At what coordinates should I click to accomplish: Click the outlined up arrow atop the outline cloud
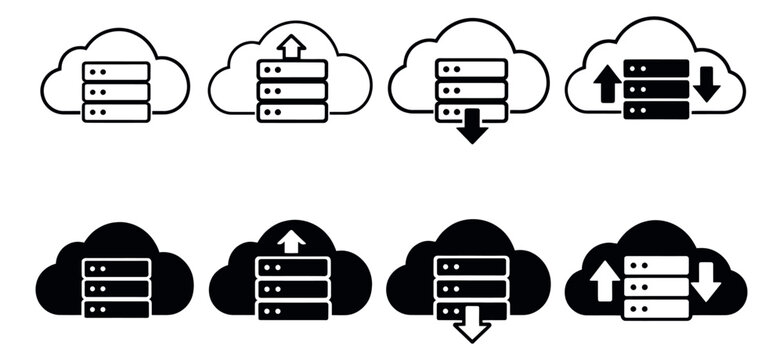[x=292, y=47]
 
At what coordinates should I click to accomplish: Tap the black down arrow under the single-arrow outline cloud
[x=472, y=127]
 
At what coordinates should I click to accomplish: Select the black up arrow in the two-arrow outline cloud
[x=606, y=85]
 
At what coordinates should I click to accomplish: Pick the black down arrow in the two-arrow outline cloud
[x=706, y=85]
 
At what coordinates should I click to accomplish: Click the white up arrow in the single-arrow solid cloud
[x=292, y=242]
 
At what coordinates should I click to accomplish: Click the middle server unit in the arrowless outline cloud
[x=116, y=91]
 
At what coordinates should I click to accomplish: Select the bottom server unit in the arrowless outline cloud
[x=116, y=111]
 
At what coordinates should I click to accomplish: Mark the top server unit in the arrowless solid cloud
[x=116, y=268]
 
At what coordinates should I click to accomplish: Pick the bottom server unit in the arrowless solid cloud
[x=116, y=309]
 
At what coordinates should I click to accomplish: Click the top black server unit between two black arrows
[x=656, y=68]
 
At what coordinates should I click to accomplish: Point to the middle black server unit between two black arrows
[x=656, y=88]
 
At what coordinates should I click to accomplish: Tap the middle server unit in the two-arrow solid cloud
[x=656, y=287]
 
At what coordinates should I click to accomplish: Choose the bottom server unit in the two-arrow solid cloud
[x=656, y=307]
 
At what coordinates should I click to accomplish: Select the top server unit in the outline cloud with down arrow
[x=472, y=67]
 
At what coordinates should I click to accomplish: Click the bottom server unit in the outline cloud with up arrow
[x=292, y=110]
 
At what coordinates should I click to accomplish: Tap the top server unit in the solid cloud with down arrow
[x=472, y=266]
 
